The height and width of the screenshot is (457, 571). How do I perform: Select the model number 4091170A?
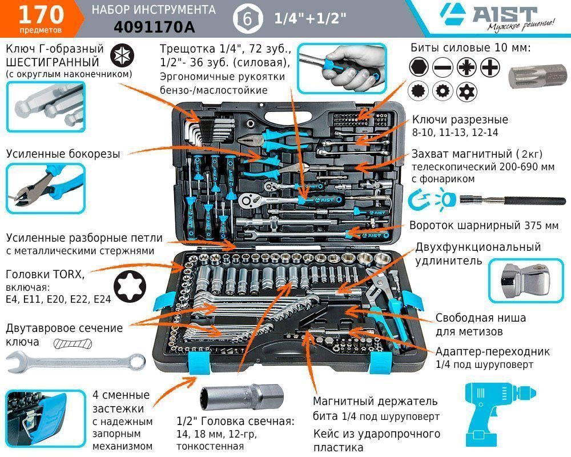[x=154, y=27]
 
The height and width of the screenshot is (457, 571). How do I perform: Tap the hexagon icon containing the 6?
[x=248, y=18]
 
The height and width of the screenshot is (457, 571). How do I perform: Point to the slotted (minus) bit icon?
[x=443, y=67]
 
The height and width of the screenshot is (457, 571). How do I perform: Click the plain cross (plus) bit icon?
[x=490, y=67]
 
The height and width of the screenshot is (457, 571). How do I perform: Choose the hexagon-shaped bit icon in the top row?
[x=419, y=67]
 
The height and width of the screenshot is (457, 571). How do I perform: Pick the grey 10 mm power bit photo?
[x=537, y=77]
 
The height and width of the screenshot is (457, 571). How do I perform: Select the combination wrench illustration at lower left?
[x=75, y=362]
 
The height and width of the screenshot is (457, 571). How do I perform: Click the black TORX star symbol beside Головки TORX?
[x=130, y=286]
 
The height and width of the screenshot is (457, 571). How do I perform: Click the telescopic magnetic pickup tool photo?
[x=512, y=200]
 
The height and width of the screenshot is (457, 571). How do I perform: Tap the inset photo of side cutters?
[x=46, y=188]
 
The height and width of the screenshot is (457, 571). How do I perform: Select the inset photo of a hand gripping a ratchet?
[x=341, y=69]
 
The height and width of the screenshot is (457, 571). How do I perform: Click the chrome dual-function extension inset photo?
[x=526, y=280]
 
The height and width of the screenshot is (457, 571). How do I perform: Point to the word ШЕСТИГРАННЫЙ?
[x=52, y=62]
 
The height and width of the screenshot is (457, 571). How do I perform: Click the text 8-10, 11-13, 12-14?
[x=455, y=133]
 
